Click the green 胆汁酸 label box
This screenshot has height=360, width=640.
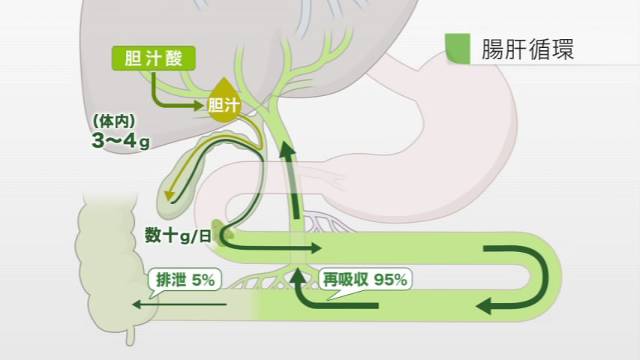(x=154, y=58)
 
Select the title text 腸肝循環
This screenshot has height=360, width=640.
(x=527, y=49)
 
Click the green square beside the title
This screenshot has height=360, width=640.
(x=458, y=48)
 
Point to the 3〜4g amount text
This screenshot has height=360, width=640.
(x=121, y=141)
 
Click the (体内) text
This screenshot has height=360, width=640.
(x=114, y=121)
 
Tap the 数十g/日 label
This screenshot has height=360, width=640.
(x=178, y=235)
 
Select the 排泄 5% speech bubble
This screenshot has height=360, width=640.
(x=185, y=282)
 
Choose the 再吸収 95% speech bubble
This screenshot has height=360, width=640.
(x=365, y=280)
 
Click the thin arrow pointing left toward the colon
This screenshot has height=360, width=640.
(x=179, y=304)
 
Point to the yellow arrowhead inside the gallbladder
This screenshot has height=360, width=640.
(x=169, y=195)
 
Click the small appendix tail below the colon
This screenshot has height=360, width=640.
(x=130, y=334)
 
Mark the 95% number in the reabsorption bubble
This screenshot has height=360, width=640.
(x=391, y=280)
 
